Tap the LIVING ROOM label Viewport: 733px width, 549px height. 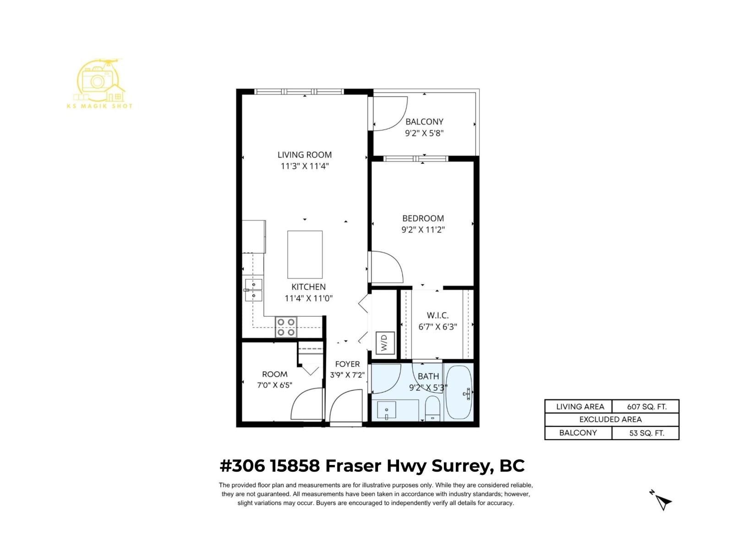(305, 155)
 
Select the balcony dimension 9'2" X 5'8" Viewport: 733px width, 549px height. (424, 134)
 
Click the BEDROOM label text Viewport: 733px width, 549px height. (423, 219)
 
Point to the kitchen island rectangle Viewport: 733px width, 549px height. (305, 254)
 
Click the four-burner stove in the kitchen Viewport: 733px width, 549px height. (286, 327)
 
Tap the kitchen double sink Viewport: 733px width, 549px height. (254, 290)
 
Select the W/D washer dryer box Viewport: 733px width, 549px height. (384, 342)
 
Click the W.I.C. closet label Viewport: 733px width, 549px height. (438, 316)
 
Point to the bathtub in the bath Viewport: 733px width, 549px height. (459, 392)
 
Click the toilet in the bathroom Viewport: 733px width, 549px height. (432, 408)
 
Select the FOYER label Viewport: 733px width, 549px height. (347, 364)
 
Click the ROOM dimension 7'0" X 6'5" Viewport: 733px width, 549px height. (274, 385)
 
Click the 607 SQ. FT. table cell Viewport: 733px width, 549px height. (646, 407)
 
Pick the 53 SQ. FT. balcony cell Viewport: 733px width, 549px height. (646, 433)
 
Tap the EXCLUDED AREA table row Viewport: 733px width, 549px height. (611, 420)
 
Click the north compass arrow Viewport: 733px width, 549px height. (663, 502)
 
